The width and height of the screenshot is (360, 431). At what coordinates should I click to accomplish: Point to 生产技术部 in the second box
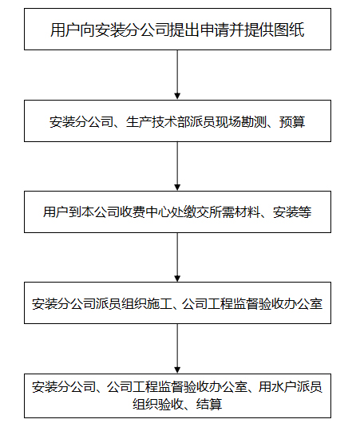coord(157,121)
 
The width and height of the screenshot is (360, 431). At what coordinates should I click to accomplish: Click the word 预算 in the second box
coord(292,121)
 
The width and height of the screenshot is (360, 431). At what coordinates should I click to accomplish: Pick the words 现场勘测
coord(241,121)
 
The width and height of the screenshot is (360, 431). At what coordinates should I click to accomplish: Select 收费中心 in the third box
coord(144,212)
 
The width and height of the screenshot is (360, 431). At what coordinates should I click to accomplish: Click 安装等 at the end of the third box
coord(292,212)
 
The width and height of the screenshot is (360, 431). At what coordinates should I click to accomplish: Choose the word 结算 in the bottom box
coord(209,404)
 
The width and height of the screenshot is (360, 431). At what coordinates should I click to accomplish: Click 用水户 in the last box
coord(278,386)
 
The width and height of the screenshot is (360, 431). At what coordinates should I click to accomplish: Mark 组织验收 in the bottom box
coord(158,404)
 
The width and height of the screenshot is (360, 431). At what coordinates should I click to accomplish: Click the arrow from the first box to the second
coord(177,74)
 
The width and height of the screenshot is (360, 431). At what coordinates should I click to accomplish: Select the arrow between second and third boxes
coord(177,166)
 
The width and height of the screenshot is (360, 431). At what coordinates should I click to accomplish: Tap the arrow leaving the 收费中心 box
coord(177,257)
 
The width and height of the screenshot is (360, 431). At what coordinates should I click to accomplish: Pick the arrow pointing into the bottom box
coord(177,349)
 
